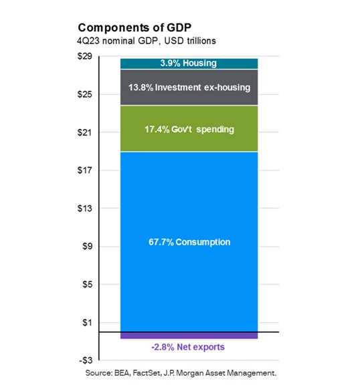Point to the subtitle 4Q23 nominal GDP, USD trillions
(x=141, y=41)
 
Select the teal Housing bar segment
(x=189, y=63)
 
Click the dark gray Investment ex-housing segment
(x=189, y=88)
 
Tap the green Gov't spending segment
(x=189, y=129)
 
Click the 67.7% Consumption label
(x=189, y=242)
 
